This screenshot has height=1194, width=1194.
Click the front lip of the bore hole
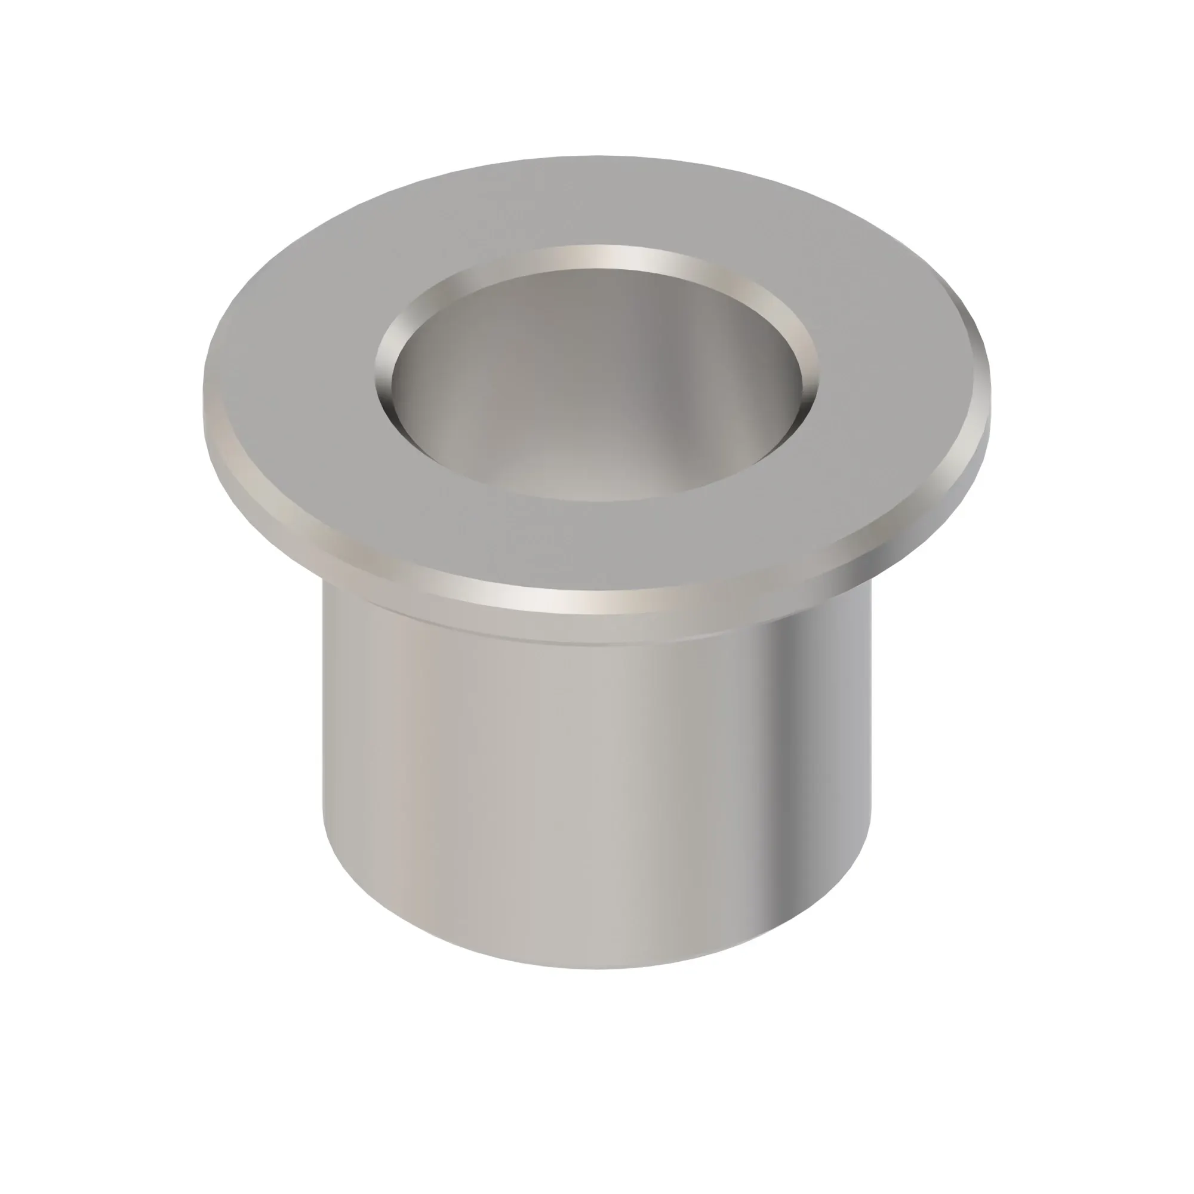(x=597, y=499)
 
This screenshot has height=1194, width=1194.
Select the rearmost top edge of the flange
(x=597, y=156)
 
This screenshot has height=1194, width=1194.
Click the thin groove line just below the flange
(x=597, y=643)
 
